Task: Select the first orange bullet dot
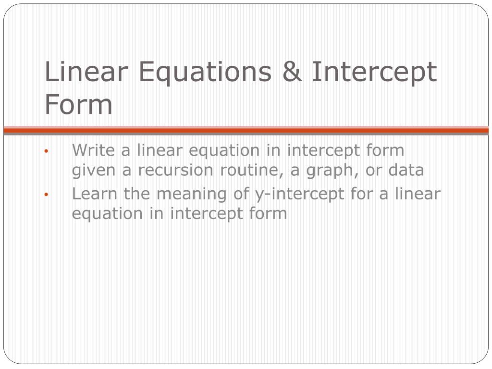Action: pos(46,151)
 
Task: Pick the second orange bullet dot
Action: pos(46,195)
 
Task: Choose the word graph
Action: pos(330,171)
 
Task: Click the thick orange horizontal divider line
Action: pos(246,130)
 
